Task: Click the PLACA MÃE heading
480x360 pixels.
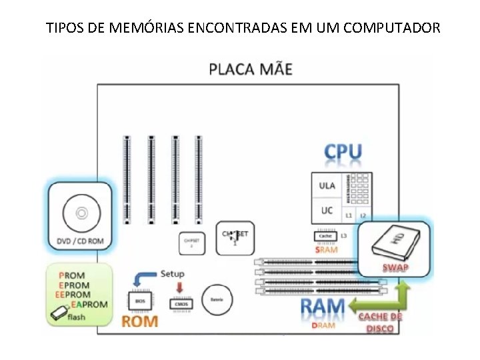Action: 250,69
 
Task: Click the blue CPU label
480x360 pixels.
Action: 343,153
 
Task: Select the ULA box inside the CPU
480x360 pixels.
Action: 327,185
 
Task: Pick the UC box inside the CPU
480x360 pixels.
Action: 327,211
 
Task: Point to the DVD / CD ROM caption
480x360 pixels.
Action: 81,241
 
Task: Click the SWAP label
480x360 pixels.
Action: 395,268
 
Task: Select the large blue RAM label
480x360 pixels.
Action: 323,308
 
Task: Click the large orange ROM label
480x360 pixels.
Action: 139,321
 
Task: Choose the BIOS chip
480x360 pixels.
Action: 140,302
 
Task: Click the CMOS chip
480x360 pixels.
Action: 181,303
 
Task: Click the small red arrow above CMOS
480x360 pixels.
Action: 179,287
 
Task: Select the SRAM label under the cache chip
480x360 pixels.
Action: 327,249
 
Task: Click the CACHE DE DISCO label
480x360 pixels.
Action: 381,323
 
